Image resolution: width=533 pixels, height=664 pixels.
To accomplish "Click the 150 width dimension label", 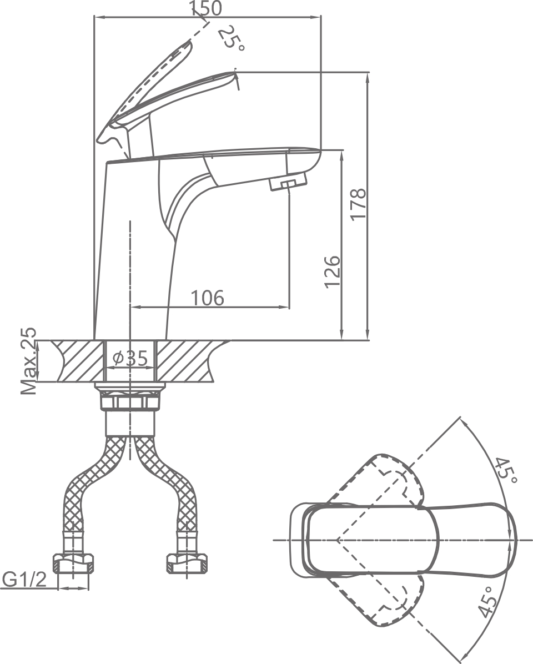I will click(x=206, y=8).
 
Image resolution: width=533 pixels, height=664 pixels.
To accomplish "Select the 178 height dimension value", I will click(x=358, y=204).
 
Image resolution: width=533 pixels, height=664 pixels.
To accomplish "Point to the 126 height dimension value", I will click(x=332, y=271).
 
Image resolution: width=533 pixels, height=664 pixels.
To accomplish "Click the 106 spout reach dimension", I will click(x=208, y=298).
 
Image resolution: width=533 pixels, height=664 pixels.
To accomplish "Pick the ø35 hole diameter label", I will click(x=130, y=359).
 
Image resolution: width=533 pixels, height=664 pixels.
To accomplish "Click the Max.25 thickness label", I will click(x=28, y=361).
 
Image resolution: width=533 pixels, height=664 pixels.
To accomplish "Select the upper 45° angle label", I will click(x=506, y=471).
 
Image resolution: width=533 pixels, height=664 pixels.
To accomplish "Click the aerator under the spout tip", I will click(x=288, y=183).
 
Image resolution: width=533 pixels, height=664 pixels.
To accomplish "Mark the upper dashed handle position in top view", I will click(x=389, y=477).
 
